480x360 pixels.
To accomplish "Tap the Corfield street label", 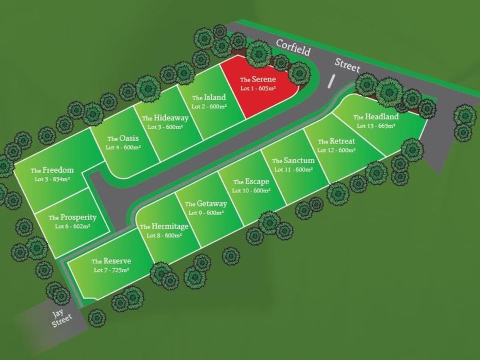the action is pos(293,48).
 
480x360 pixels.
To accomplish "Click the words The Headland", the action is pos(376,117).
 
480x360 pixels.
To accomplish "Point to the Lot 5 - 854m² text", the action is pos(52,179).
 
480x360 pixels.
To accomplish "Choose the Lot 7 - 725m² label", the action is pos(111,270).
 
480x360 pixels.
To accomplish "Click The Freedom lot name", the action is pos(52,170).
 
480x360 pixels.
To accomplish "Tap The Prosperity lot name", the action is pos(73,218).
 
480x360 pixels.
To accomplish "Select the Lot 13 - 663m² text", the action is pos(376,126).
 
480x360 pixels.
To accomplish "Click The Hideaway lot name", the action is pos(165,118).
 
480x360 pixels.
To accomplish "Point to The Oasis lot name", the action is pos(123,138).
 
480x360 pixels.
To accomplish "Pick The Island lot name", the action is pos(209,97).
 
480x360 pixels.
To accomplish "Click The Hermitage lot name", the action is pos(164,226).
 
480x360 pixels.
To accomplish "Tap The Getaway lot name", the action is pos(206,204).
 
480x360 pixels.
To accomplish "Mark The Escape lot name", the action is pos(251,182).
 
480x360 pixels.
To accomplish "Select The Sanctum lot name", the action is pos(293,161).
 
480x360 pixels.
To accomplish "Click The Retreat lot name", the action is pos(336,142).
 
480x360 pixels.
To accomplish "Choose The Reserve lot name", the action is pos(111,261).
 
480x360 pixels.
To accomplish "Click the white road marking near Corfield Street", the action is pos(331,81).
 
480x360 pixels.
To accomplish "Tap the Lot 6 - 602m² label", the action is pos(73,226).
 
